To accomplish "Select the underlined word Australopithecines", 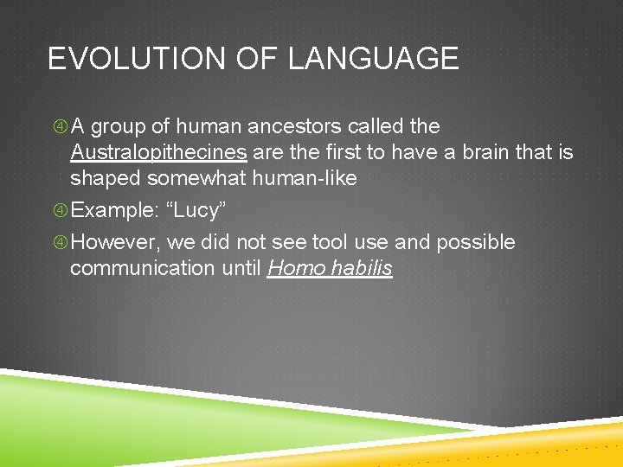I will (x=158, y=153).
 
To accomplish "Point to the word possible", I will (x=475, y=242).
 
